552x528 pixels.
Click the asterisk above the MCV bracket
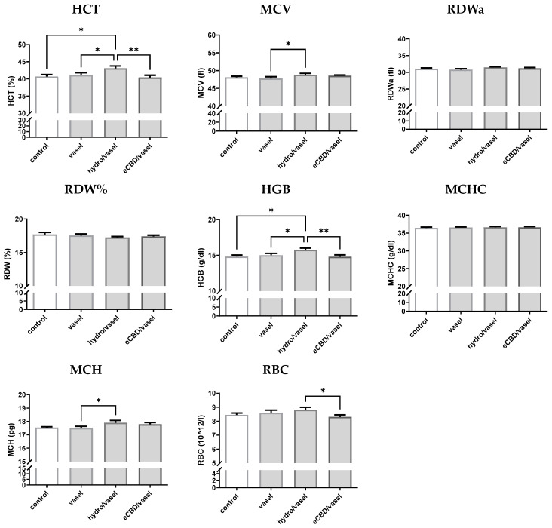click(287, 45)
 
